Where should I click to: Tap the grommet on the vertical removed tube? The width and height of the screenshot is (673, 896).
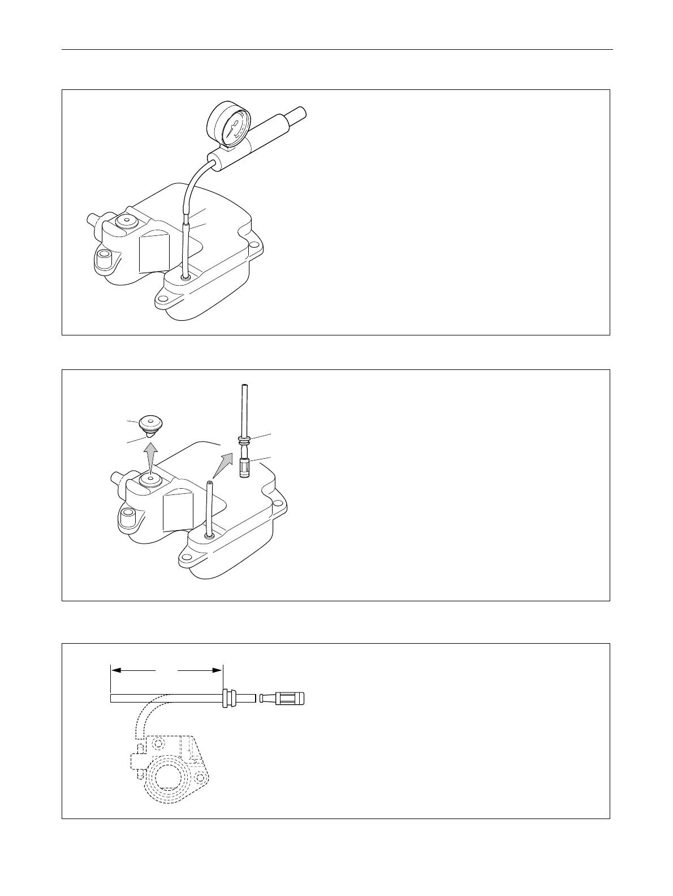pyautogui.click(x=244, y=439)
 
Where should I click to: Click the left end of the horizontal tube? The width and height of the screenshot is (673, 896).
pyautogui.click(x=113, y=698)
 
